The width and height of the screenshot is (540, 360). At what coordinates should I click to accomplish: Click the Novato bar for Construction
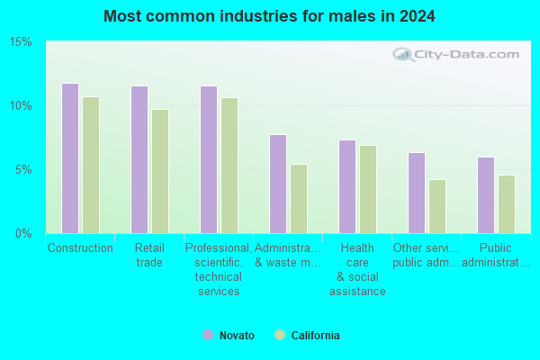70,158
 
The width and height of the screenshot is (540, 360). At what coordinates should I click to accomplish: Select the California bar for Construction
91,165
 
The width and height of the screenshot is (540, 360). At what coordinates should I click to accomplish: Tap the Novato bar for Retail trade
139,160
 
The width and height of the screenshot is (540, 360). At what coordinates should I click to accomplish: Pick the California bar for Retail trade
160,172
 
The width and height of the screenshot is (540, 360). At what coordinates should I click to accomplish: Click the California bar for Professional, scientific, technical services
229,166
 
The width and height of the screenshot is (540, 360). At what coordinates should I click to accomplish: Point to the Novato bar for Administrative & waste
278,184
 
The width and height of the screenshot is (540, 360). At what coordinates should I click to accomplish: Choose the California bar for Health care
368,190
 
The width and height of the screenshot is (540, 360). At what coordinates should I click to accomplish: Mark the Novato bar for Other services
417,193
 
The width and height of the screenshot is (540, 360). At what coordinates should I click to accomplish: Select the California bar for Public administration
507,204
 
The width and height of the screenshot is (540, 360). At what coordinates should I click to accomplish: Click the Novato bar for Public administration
486,195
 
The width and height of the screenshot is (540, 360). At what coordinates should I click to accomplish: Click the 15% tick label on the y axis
21,42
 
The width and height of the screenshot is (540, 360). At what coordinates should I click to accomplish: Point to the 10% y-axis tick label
21,106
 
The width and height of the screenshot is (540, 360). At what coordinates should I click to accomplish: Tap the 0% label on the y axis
23,234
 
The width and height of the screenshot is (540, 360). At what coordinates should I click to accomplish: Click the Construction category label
80,247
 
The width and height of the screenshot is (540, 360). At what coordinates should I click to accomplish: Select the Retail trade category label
149,255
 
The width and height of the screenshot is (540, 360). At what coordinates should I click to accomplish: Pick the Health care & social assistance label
357,269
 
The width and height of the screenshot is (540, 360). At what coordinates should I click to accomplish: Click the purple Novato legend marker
208,335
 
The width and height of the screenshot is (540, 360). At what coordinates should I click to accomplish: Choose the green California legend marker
280,335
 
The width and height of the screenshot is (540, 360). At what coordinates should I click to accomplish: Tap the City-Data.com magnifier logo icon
403,54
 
